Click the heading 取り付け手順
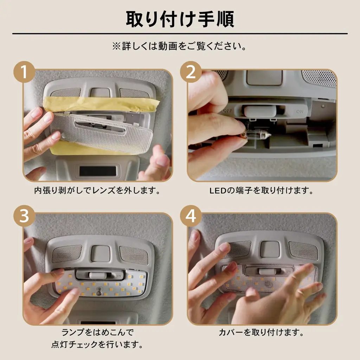[x=180, y=19]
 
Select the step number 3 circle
[x=24, y=216]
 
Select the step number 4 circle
[x=191, y=216]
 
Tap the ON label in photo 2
[x=300, y=111]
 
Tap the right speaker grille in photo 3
[x=134, y=255]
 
